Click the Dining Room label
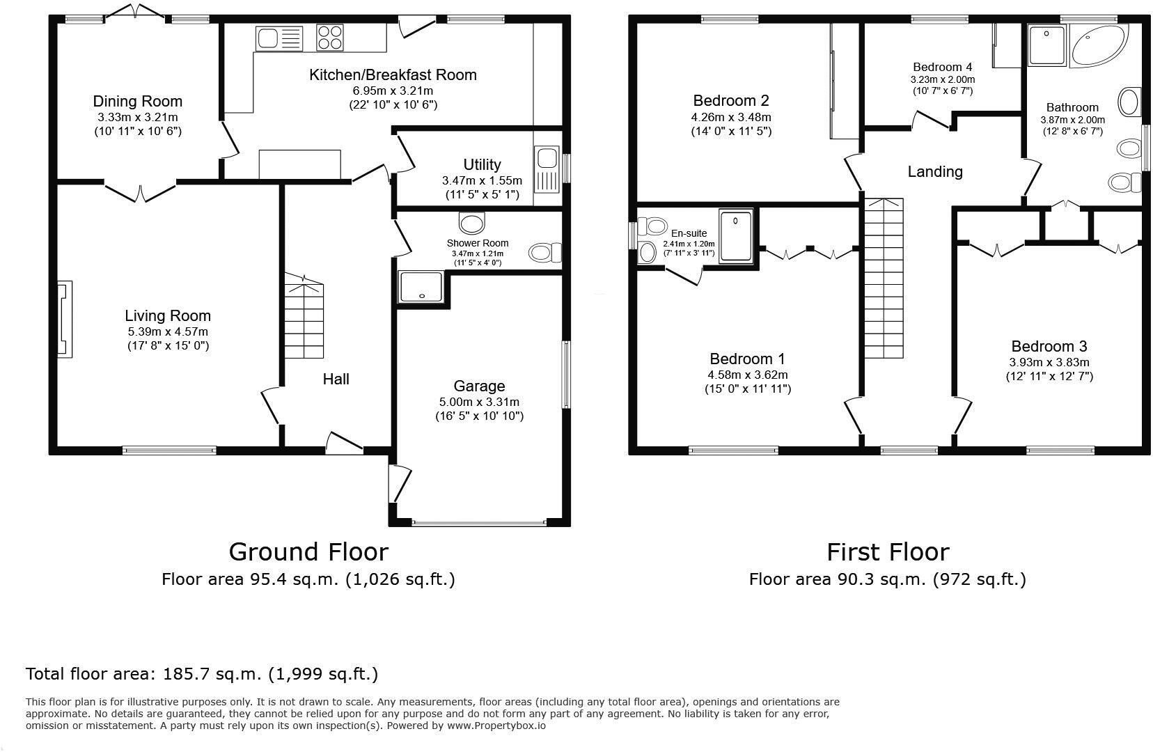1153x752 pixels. (137, 102)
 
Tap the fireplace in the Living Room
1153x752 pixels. (64, 320)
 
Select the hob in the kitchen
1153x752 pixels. (329, 38)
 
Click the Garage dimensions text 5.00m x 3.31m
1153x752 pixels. (479, 402)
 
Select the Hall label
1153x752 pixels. (336, 379)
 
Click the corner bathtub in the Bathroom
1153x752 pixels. (1097, 45)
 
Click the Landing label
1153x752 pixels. (934, 171)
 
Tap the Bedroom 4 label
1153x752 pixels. (942, 67)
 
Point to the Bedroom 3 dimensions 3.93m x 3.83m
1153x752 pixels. (1049, 362)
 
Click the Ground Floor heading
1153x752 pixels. (308, 551)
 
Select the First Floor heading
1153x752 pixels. (887, 551)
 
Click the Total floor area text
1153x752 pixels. (202, 673)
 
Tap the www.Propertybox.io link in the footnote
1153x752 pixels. (495, 726)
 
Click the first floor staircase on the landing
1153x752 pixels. (884, 279)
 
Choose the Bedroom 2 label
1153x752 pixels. (730, 100)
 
